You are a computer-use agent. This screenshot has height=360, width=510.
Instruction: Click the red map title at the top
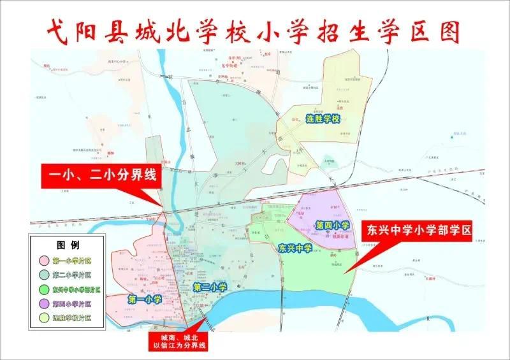pos(254,30)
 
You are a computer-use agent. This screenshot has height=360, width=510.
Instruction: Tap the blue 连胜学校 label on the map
pos(324,120)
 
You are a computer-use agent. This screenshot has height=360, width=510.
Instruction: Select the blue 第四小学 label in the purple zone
pos(333,225)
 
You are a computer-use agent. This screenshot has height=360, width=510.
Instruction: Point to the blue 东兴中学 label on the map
pos(295,248)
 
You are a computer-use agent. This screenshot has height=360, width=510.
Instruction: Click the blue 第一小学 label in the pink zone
pos(145,298)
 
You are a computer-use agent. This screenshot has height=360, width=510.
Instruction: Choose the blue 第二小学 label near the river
pos(210,287)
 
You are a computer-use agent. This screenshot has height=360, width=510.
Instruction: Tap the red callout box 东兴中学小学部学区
pos(417,231)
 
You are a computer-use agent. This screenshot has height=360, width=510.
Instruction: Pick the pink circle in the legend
pos(45,261)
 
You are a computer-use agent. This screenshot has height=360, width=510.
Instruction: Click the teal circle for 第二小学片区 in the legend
pos(45,275)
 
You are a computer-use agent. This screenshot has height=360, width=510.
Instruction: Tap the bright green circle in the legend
pos(45,289)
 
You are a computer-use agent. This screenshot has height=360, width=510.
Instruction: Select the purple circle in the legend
pos(45,303)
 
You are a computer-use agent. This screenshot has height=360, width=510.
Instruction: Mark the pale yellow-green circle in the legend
pos(45,317)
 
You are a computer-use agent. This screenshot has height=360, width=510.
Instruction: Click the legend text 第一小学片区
pos(72,261)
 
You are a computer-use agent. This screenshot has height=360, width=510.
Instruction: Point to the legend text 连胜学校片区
pos(72,317)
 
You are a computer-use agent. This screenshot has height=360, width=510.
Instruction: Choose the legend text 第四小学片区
pos(72,303)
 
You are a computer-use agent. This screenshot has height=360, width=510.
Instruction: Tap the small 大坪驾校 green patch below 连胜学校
pos(328,161)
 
